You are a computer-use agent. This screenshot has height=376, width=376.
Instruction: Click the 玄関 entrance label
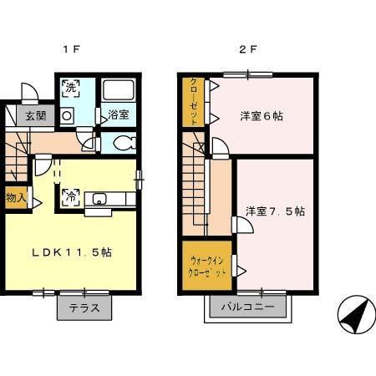click(x=34, y=116)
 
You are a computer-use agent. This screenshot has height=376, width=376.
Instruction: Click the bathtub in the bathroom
click(x=118, y=89)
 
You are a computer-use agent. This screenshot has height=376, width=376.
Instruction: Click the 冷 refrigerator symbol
click(x=70, y=197)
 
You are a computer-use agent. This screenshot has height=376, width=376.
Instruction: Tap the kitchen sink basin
click(x=99, y=199)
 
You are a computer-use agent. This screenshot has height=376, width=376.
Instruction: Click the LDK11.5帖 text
click(x=73, y=252)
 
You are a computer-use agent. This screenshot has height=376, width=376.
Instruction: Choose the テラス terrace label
click(x=84, y=307)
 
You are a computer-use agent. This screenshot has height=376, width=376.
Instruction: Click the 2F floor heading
click(x=248, y=49)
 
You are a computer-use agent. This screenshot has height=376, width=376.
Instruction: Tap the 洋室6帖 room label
click(x=260, y=116)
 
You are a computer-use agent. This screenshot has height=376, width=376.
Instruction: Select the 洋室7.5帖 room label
click(x=274, y=211)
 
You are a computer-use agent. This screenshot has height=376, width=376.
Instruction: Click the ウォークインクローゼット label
click(x=206, y=266)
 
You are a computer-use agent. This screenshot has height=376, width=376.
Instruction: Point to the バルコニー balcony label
click(x=248, y=307)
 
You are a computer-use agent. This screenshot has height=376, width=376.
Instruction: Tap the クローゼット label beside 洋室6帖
click(x=194, y=103)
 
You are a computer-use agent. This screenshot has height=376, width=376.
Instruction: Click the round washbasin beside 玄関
click(x=67, y=117)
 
